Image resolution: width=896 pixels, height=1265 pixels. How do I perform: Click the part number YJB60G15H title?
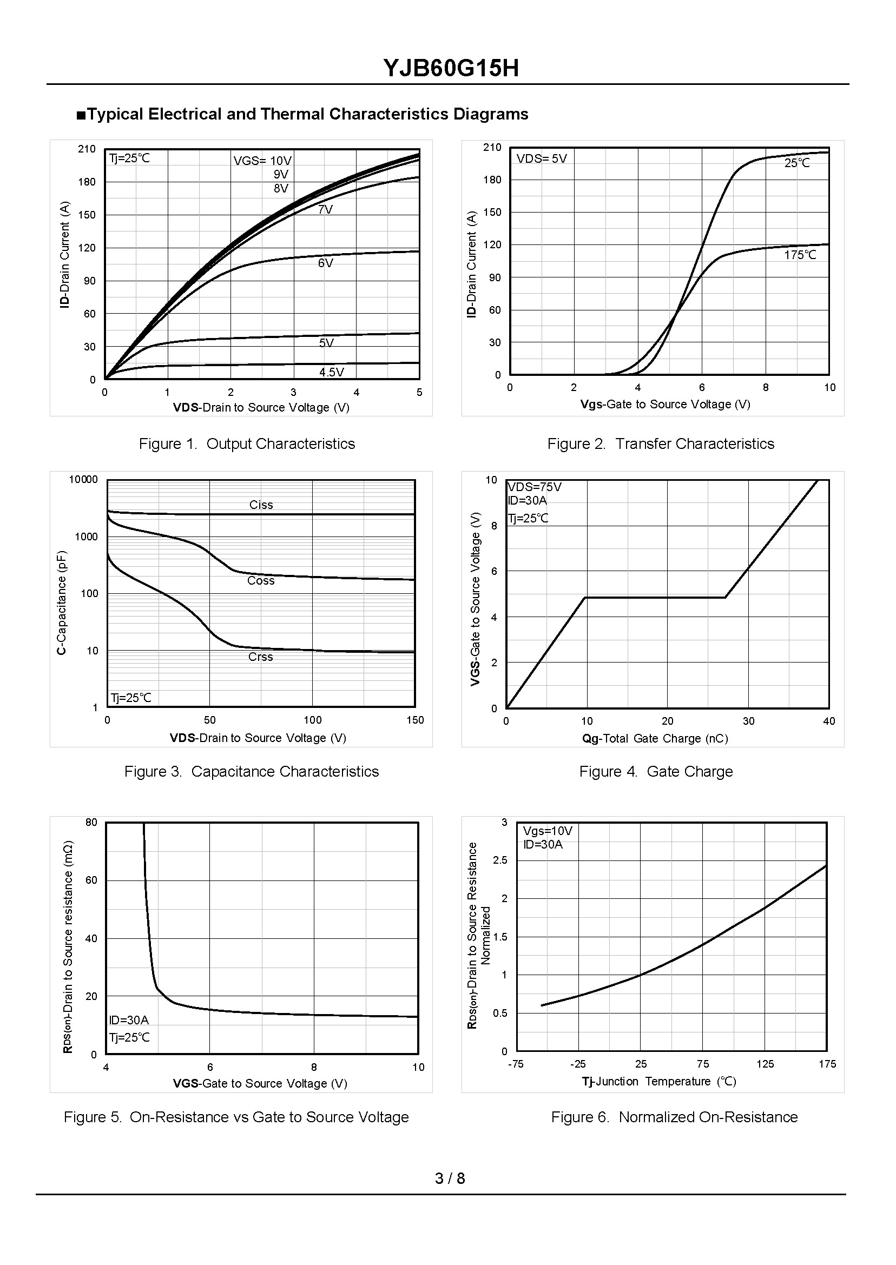(x=451, y=69)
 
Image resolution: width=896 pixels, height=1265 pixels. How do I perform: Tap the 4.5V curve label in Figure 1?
(x=332, y=372)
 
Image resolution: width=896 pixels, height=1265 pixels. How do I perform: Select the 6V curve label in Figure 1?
(x=326, y=263)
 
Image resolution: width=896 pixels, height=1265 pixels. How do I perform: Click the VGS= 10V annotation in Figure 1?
(x=262, y=161)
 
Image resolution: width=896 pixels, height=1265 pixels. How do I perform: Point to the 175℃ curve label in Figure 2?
(x=800, y=255)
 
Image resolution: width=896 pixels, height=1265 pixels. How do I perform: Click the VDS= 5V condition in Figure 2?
(x=542, y=159)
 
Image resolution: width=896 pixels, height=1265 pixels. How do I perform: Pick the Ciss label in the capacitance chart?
(x=261, y=505)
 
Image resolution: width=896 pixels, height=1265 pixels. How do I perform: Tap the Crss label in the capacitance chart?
(x=260, y=657)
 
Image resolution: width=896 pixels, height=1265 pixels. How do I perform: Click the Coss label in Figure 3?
(x=260, y=581)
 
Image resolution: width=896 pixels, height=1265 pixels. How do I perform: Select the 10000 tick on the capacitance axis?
(x=83, y=480)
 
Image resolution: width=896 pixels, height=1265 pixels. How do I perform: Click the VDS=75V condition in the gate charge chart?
(x=535, y=487)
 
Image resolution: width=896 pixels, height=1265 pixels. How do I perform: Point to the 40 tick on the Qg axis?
(x=829, y=721)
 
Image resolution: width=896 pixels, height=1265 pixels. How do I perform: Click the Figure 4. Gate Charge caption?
(x=656, y=771)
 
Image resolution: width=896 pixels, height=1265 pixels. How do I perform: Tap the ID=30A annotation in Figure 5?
(x=129, y=1020)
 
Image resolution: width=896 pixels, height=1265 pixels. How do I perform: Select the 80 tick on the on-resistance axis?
(x=91, y=822)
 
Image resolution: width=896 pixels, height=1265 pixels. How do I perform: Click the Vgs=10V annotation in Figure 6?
(x=548, y=831)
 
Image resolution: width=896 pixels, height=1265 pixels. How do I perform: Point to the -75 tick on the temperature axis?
(x=515, y=1064)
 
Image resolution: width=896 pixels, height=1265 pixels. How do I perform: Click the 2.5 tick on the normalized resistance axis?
(x=500, y=860)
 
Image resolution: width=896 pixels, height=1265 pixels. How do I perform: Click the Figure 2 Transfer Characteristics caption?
(x=661, y=444)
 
